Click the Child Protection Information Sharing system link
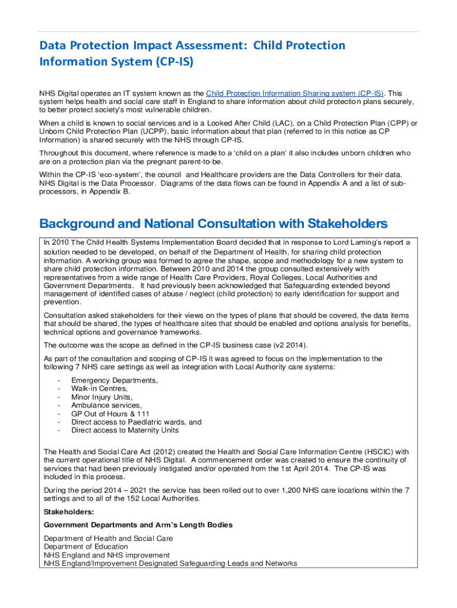(294, 94)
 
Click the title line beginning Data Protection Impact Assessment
(192, 46)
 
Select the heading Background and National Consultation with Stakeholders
(213, 224)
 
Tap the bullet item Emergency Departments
(115, 380)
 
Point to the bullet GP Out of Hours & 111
(110, 413)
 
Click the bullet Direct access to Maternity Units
(125, 430)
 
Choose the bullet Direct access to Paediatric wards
(136, 422)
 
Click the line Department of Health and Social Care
(109, 539)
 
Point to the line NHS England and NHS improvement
(107, 555)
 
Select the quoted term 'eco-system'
(102, 175)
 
